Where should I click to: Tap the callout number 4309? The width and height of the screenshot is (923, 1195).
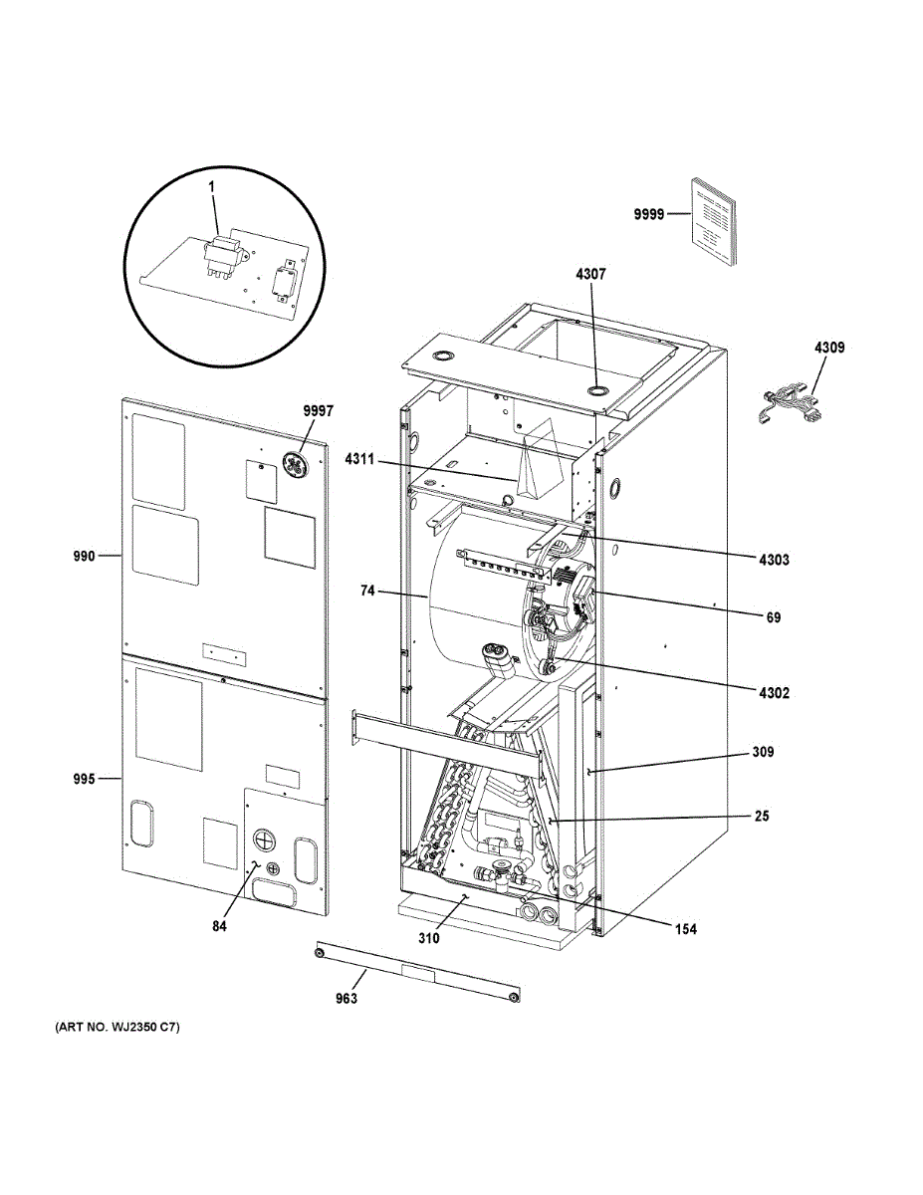829,348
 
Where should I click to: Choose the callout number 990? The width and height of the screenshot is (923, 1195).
84,556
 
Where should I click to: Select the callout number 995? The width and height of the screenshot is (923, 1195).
84,779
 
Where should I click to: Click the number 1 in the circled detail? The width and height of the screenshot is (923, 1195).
211,187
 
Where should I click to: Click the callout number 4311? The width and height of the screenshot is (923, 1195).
362,459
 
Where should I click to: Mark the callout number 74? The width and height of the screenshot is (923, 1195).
367,591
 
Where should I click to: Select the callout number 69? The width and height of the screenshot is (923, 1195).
774,617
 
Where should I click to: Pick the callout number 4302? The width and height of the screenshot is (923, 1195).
774,693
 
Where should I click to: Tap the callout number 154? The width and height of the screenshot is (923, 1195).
685,930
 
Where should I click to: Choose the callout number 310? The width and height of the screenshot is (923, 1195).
428,938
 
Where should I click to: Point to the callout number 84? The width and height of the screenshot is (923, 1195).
220,927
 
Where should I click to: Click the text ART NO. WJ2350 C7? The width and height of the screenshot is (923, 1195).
111,1027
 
